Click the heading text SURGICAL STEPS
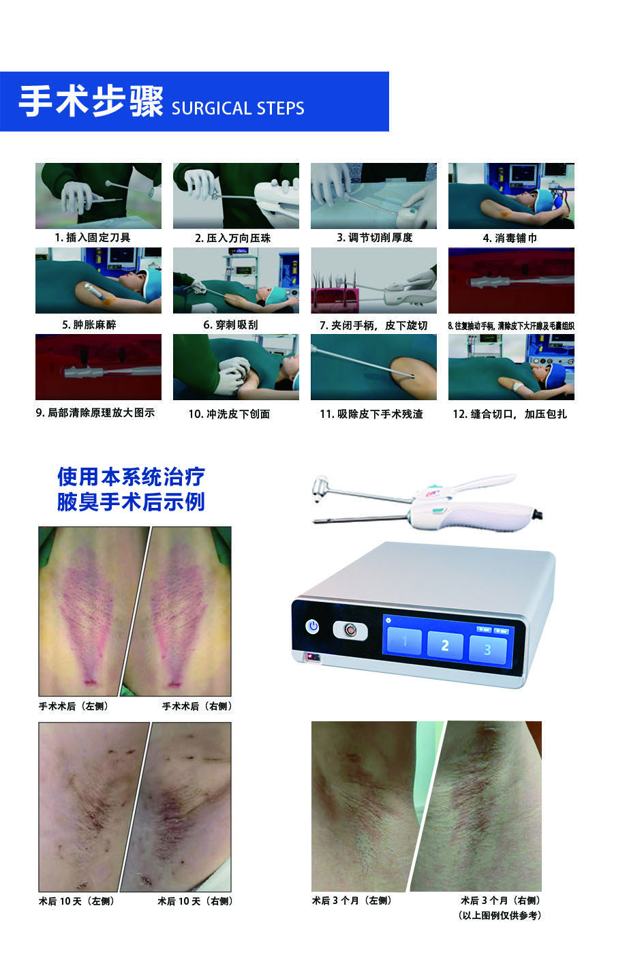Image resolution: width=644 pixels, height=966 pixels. pos(238,108)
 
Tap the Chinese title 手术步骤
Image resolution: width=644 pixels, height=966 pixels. pos(91,102)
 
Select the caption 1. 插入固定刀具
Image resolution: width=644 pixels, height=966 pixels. pos(93,238)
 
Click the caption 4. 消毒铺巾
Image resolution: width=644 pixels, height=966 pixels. pos(510,238)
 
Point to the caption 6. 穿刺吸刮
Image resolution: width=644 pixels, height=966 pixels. pos(231,324)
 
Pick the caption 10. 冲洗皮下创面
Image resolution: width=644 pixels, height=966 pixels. pos(229,414)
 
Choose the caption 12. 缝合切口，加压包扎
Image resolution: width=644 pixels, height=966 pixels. pos(510,414)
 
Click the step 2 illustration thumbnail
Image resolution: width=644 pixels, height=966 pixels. pos(236,196)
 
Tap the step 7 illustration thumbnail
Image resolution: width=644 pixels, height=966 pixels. pos(373,280)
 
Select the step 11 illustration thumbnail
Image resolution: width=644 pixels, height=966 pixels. pos(373,367)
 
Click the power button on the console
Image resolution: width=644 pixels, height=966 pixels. pos(313,626)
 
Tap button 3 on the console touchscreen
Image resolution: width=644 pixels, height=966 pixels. pos(487,649)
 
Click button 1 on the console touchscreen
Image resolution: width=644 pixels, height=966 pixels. pos(404,642)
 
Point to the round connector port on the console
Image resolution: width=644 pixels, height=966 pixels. pos(350,630)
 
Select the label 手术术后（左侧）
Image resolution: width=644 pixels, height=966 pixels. pos(74,706)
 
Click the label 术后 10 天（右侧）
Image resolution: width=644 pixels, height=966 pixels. pos(195,901)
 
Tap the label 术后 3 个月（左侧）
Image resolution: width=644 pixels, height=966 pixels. pos(352,901)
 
